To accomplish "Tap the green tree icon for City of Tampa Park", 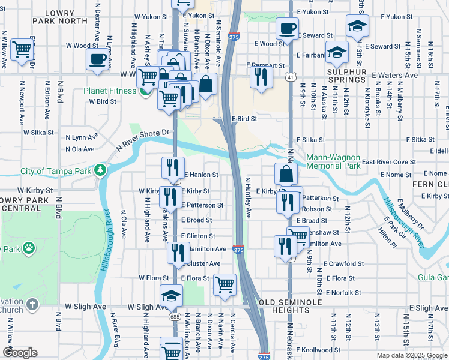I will click(101, 171).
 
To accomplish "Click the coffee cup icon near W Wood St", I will click(97, 59).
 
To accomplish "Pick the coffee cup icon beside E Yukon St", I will click(286, 28).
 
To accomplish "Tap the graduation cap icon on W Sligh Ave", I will click(171, 295).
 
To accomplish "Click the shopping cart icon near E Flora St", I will click(224, 284).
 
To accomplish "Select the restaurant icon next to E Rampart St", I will click(261, 76).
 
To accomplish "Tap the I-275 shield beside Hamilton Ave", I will click(238, 250).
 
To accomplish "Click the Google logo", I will click(20, 353).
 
